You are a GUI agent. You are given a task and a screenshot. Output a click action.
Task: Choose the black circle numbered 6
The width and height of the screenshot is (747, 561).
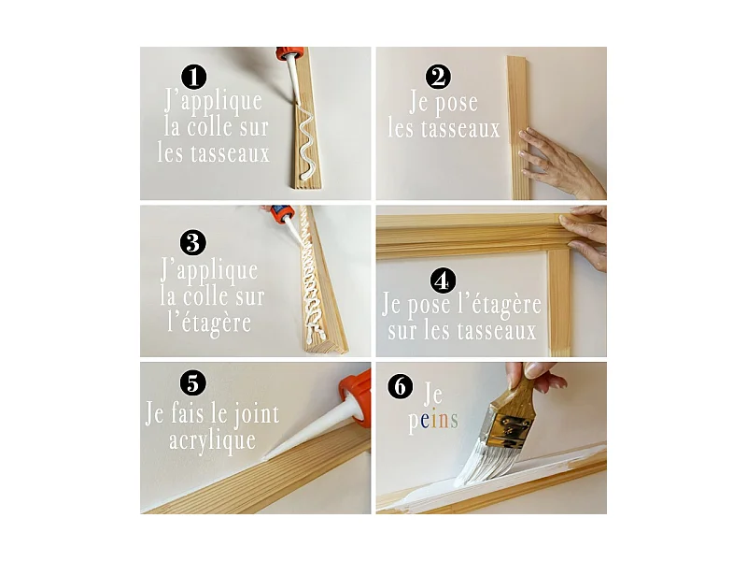pos(400,386)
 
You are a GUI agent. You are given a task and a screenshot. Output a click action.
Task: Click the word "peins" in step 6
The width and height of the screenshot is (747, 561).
pos(432,421)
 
